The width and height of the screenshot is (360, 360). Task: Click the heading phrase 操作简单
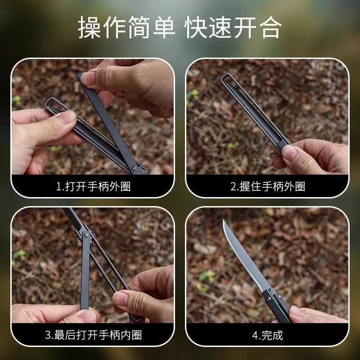click(126, 28)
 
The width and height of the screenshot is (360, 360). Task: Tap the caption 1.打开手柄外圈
click(93, 186)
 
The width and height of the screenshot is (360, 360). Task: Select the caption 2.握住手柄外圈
click(268, 186)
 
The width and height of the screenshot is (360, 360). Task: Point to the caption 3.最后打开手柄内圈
click(93, 335)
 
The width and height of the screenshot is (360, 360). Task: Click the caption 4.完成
click(268, 335)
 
